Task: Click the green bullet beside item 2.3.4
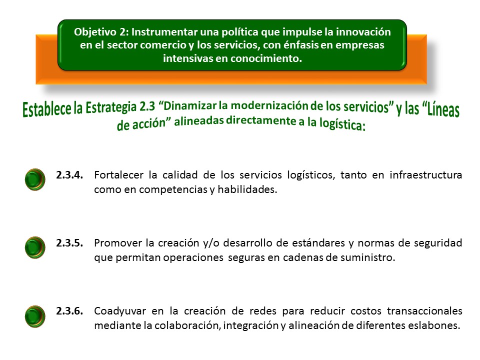(35, 179)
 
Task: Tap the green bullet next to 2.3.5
(35, 247)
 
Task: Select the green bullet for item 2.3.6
(35, 316)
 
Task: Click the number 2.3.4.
(69, 175)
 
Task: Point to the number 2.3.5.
(69, 243)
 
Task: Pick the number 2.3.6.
(69, 310)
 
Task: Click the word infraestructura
(426, 175)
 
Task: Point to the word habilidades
(247, 189)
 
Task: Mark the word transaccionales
(424, 310)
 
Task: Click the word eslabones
(434, 325)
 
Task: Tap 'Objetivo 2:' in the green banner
(101, 32)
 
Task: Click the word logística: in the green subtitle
(342, 123)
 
